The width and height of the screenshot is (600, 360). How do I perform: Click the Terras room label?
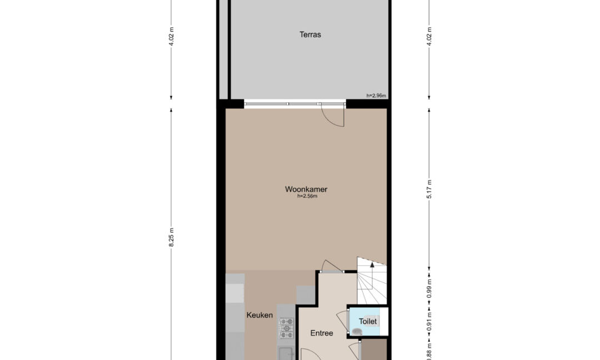310,35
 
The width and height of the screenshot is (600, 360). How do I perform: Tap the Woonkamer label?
306,189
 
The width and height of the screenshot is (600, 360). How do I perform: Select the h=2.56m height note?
307,196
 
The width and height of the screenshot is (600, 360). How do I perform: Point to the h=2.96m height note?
376,96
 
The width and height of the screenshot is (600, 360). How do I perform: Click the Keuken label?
259,315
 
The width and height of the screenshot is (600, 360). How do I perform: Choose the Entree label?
322,333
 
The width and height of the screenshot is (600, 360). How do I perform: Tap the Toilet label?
368,321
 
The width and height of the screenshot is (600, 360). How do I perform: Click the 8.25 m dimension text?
172,237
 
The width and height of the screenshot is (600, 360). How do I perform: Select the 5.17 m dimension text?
429,189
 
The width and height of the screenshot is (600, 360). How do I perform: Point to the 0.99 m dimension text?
429,288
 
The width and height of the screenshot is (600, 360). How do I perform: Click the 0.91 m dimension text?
429,322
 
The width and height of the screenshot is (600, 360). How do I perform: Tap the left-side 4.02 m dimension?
172,36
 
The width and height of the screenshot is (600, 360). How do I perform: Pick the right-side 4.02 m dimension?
429,36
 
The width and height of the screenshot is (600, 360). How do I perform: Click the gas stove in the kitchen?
286,328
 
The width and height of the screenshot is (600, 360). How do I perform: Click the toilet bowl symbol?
357,332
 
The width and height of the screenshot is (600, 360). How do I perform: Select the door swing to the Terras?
333,115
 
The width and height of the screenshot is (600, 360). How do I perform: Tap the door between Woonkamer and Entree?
331,266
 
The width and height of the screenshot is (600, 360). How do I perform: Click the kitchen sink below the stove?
286,353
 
